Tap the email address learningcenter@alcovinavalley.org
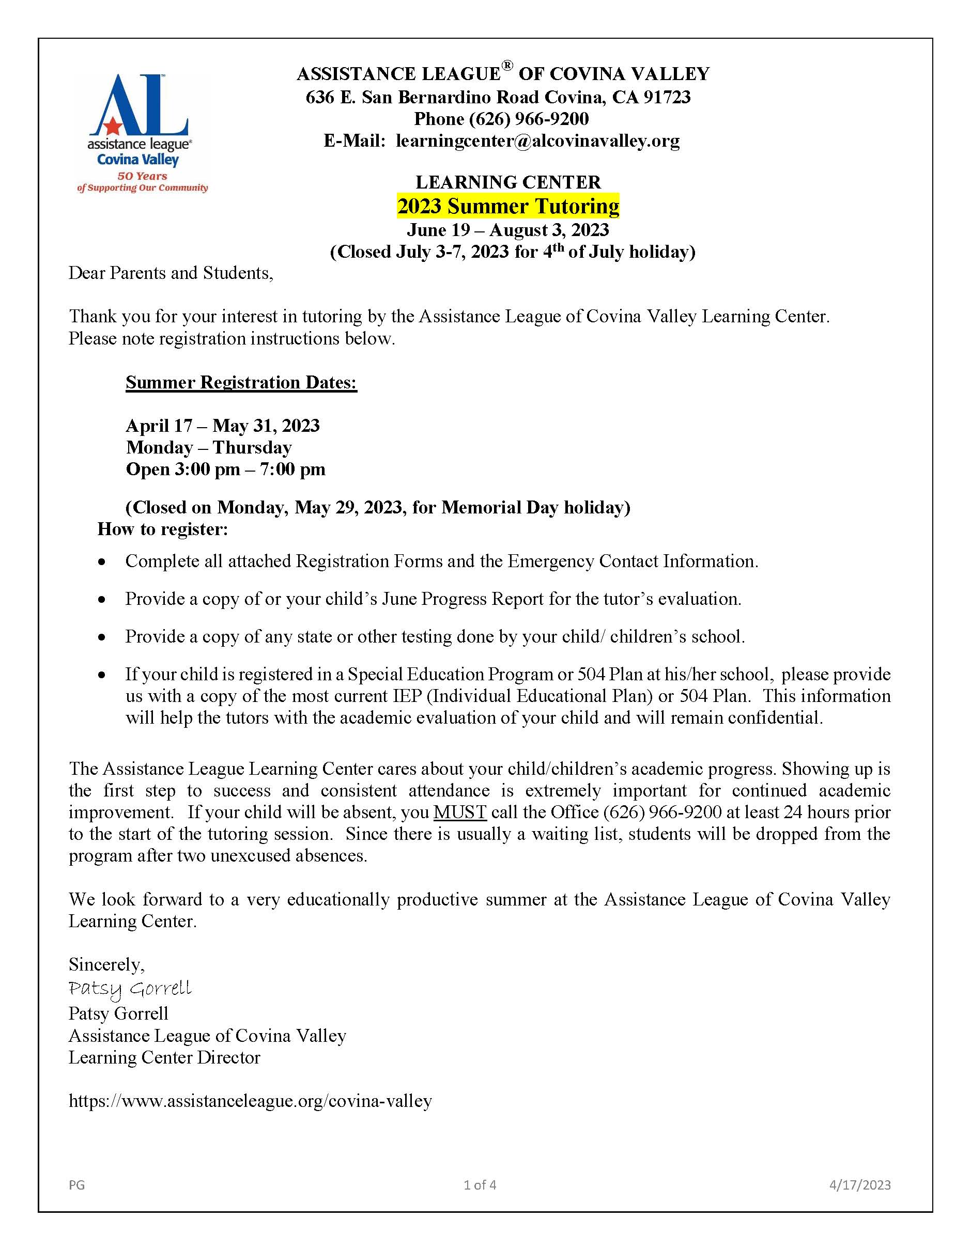537,141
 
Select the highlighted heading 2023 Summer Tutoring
508,207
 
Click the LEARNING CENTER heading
508,182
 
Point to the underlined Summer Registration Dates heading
241,382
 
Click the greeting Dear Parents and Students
171,273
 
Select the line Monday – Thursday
208,448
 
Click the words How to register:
163,529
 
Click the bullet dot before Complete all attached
102,562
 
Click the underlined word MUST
460,812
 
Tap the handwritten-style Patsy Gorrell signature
130,989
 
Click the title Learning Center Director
164,1057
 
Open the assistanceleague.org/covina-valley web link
250,1101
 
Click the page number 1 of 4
480,1185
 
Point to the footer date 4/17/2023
860,1185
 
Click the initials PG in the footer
76,1185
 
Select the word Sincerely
106,964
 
